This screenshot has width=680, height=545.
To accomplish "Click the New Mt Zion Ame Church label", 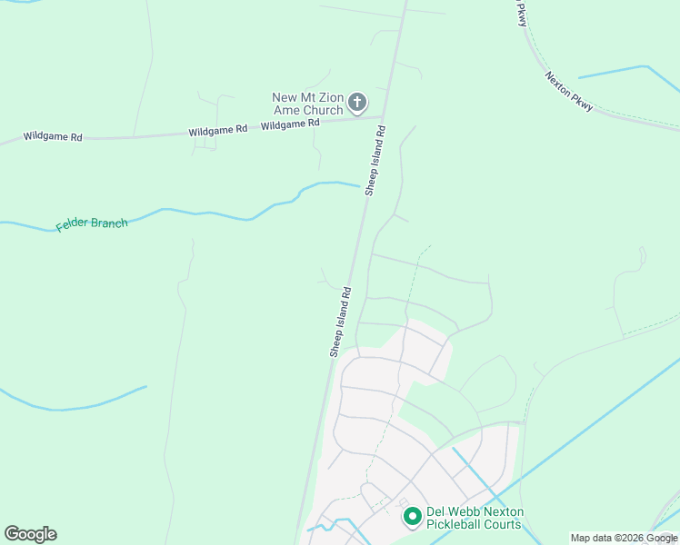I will tap(308, 104).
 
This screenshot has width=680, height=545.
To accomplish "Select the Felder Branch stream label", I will tap(92, 223).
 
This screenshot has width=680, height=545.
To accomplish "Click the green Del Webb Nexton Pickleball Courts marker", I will tap(412, 517).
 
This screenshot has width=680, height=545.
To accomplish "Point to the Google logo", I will tap(30, 533).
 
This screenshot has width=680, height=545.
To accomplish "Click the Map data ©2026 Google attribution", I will tap(624, 538).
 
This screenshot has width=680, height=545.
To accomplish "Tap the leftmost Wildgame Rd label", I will tap(53, 137).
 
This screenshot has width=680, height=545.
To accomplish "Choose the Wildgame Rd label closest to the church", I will tap(290, 125).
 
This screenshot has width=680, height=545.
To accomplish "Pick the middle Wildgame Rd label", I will tap(218, 131).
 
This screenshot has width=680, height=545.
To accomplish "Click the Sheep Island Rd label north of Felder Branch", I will tap(375, 160).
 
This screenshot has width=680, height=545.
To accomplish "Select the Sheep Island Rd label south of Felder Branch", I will tap(340, 322).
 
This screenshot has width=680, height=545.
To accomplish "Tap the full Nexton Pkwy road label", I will tap(569, 92).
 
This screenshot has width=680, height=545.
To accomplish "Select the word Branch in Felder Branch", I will tap(109, 222).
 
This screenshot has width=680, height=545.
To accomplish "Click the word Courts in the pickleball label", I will tap(504, 524).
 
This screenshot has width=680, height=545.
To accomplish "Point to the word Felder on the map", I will tap(72, 225).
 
